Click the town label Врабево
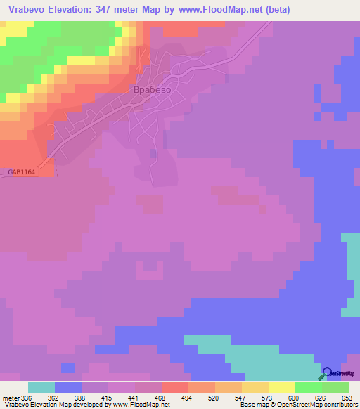click(x=153, y=91)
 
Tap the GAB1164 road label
click(x=22, y=171)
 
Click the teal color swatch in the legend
click(x=41, y=387)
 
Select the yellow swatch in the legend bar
click(x=281, y=387)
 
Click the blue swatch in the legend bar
click(x=68, y=387)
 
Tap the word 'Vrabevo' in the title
click(x=25, y=9)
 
